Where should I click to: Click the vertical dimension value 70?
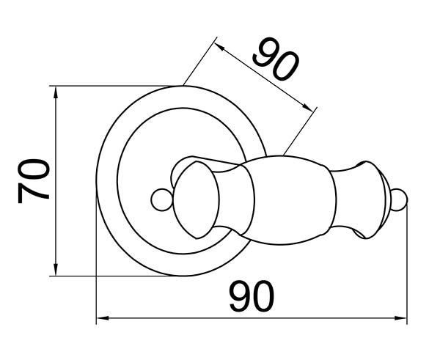point(34,181)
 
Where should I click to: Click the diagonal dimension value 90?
point(276,59)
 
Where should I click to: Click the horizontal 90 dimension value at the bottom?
point(252,296)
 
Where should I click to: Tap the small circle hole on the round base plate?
point(162,199)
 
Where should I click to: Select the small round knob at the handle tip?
point(398,199)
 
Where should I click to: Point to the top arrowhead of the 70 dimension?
point(56,92)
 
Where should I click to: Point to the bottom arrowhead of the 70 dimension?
point(56,270)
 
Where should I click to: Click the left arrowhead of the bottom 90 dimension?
point(103,318)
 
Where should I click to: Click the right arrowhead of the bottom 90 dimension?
point(400,318)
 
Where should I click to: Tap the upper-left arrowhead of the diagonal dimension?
point(219,47)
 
